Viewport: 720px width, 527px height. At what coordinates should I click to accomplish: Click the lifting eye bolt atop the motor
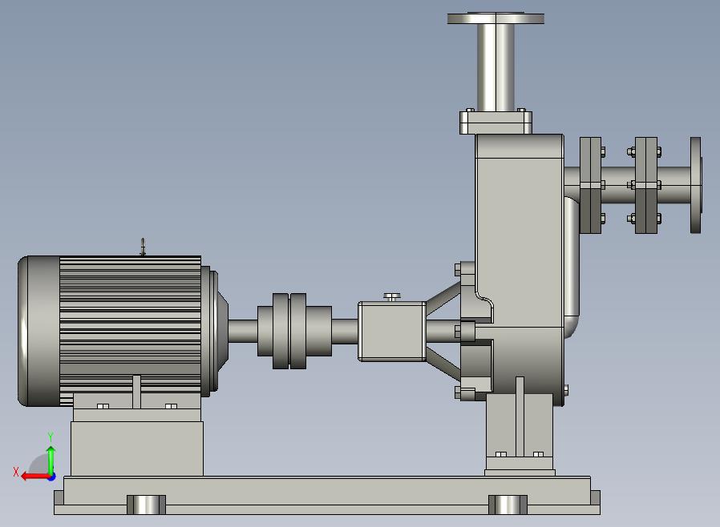coord(143,247)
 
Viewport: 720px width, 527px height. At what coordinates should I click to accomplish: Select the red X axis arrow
coord(36,476)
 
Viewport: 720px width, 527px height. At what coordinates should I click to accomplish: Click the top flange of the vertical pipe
coord(496,18)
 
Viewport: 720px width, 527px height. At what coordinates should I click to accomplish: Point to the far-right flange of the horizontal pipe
coord(696,185)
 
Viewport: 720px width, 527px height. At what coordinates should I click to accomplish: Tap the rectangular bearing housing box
coord(392,331)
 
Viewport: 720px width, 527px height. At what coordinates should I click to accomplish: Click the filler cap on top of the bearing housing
coord(392,297)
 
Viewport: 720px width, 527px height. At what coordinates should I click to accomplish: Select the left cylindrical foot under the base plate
coord(146,505)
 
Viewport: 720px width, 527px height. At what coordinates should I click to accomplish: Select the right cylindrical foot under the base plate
coord(508,505)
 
